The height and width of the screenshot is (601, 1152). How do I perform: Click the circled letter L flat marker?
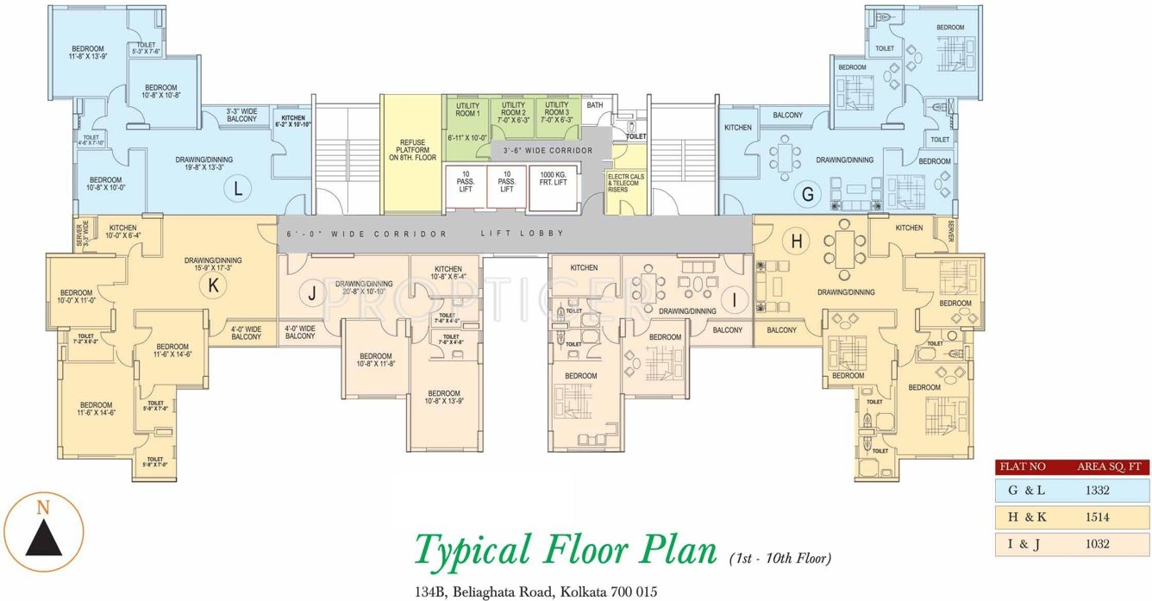pos(237,189)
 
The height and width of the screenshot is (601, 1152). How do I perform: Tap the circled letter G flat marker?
pos(808,194)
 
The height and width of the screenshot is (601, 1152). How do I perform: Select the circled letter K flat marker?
pos(211,286)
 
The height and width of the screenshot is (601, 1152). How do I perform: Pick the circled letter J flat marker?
pos(312,294)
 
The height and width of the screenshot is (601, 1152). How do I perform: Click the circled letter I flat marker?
pos(734,299)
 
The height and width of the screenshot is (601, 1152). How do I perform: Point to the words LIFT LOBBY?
pos(522,234)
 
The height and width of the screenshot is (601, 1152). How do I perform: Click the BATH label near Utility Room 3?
pos(595,105)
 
